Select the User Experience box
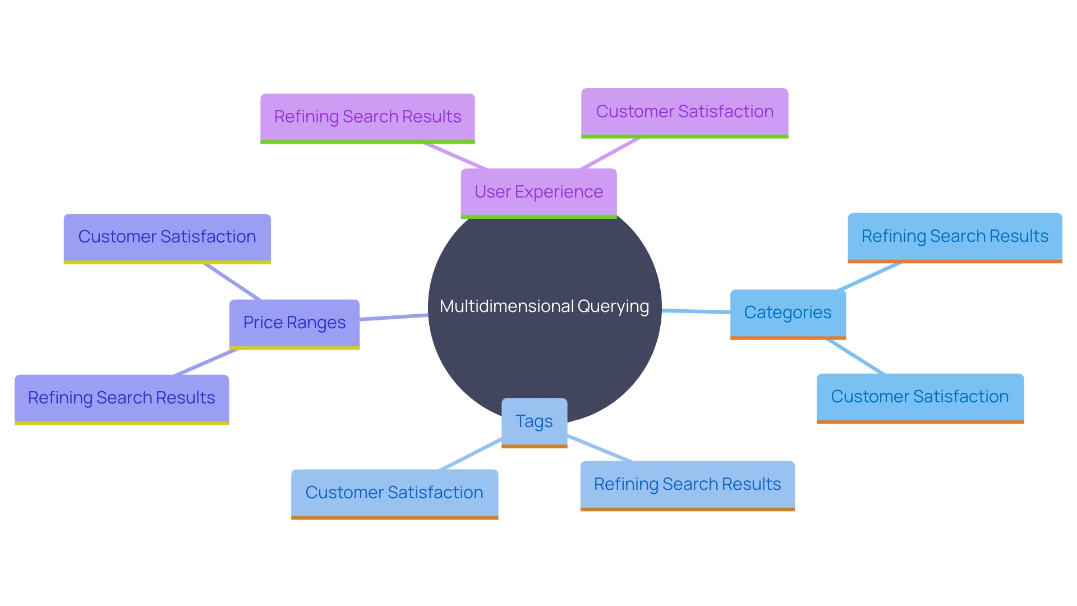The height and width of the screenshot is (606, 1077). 538,192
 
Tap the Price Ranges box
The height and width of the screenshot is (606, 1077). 294,323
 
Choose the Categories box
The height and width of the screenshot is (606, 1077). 788,313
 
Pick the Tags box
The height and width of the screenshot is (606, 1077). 534,422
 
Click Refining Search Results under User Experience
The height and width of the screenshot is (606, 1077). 367,117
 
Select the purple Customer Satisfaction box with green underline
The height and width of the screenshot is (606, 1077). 684,112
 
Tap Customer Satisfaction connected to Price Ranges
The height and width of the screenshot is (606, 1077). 167,237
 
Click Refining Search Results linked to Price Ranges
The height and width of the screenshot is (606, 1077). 122,398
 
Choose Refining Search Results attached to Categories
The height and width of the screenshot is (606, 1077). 955,237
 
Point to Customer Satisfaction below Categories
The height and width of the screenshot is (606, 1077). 920,397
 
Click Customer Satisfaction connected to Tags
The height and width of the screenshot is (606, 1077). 394,493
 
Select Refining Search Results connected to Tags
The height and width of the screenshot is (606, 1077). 687,485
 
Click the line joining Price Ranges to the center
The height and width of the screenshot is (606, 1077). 394,318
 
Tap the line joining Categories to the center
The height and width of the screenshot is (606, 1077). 696,311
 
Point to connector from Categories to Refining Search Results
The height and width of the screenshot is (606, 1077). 869,276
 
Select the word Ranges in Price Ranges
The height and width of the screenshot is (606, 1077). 316,323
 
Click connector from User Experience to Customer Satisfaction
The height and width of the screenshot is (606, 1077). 610,153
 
